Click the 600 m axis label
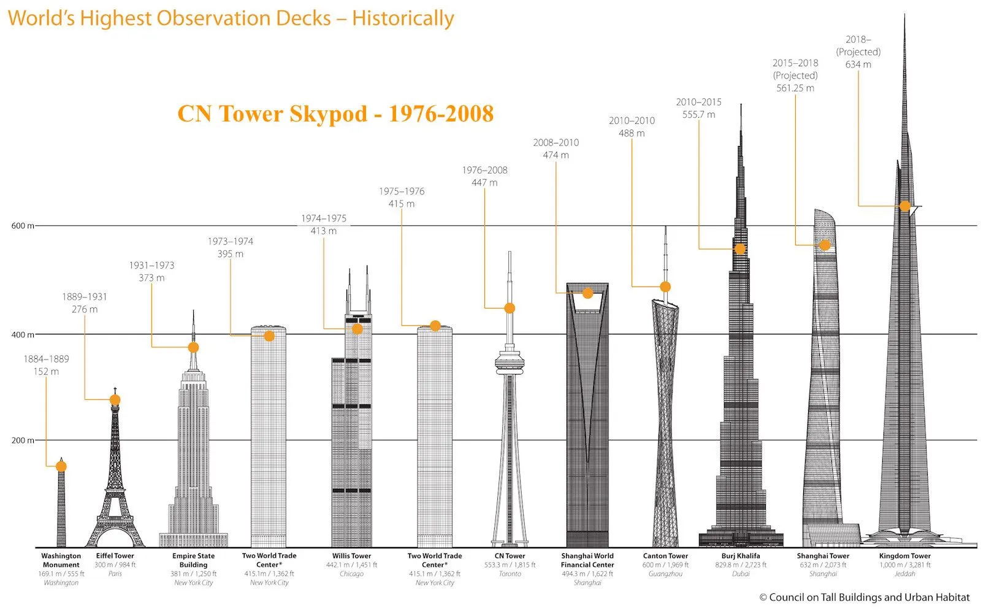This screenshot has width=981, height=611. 23,226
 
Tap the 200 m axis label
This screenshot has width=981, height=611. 23,440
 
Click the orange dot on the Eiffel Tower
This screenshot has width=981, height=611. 115,400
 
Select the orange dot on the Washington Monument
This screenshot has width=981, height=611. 61,466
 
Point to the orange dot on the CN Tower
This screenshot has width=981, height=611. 510,308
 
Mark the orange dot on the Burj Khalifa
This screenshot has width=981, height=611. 740,249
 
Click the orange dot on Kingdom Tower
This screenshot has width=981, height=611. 905,206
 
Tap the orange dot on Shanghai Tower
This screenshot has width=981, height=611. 825,245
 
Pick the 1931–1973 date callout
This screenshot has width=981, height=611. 151,266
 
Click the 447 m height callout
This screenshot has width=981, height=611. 485,183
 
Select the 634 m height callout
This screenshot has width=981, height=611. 858,64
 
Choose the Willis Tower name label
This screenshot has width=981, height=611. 351,556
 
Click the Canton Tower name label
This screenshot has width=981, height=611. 665,556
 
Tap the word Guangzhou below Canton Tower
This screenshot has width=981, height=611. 665,574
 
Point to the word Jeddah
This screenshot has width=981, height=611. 904,574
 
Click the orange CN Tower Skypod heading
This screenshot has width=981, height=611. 335,114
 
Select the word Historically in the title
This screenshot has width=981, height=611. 403,18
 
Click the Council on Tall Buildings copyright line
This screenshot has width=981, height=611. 865,598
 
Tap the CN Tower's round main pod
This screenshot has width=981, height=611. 510,362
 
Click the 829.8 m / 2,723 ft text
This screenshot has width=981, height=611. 741,565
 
